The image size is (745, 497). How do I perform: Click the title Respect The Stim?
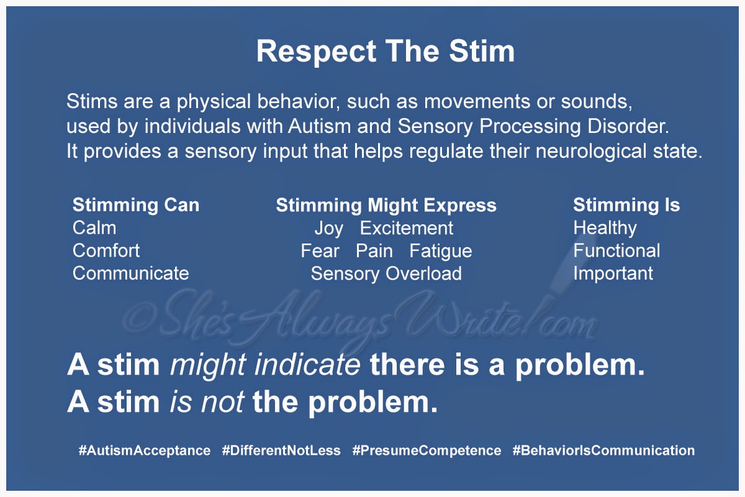[x=386, y=52]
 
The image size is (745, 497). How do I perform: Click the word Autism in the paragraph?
[x=320, y=127]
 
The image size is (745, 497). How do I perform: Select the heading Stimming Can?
[x=136, y=206]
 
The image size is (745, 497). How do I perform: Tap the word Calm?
[x=94, y=228]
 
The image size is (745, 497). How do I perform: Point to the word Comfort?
[x=106, y=250]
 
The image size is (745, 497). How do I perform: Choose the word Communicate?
[x=131, y=273]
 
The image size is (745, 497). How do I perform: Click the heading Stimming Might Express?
[x=386, y=206]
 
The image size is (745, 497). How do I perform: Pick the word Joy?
[x=329, y=229]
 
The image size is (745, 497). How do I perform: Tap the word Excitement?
[x=407, y=228]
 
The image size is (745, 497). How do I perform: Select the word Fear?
[x=320, y=250]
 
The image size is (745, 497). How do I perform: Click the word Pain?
[x=374, y=250]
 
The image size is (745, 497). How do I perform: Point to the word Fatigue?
[x=441, y=252]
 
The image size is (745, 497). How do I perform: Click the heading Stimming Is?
[x=626, y=206]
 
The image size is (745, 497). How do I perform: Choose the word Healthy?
[x=605, y=229]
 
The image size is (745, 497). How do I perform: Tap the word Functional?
[x=616, y=250]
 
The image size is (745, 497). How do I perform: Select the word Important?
[x=613, y=274]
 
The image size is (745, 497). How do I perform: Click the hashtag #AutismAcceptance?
[x=145, y=451]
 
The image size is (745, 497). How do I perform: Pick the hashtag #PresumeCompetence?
[x=427, y=451]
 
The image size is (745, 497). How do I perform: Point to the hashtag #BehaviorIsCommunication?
[x=603, y=450]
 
